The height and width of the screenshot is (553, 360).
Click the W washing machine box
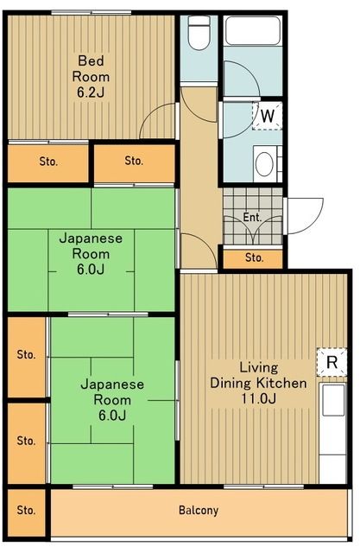(268, 115)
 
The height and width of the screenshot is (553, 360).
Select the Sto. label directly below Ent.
(253, 257)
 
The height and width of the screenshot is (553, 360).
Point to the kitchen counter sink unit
(332, 432)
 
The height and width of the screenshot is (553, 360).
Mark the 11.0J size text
(258, 398)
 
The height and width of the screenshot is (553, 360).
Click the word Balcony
(199, 510)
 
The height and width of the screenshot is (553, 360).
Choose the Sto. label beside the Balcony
(26, 510)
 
